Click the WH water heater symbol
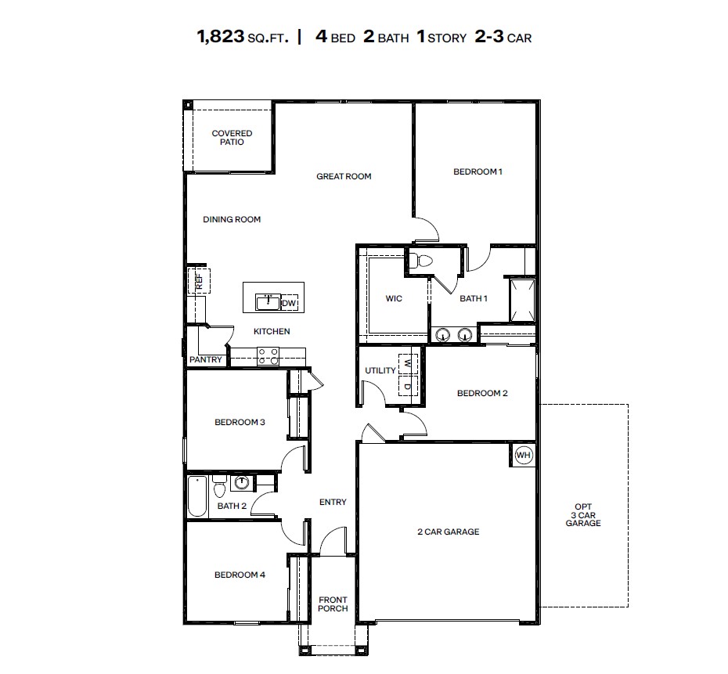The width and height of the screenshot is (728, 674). point(523,455)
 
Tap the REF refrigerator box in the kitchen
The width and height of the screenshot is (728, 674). point(198,280)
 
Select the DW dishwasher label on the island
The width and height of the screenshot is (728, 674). point(289,303)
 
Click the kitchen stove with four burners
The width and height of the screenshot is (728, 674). point(268,355)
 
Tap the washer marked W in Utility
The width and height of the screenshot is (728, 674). point(408,363)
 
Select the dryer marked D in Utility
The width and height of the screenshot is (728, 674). point(408,385)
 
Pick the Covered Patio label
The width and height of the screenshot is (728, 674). point(232,138)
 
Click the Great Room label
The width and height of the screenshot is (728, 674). point(344,176)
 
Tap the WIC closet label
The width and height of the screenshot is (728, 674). point(394,299)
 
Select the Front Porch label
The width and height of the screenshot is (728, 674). point(333,604)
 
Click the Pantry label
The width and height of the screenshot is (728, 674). point(206,360)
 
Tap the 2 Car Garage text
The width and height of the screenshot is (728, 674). point(448,532)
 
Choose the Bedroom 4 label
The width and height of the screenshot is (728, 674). point(240,575)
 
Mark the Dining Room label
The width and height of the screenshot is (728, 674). point(232,219)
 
